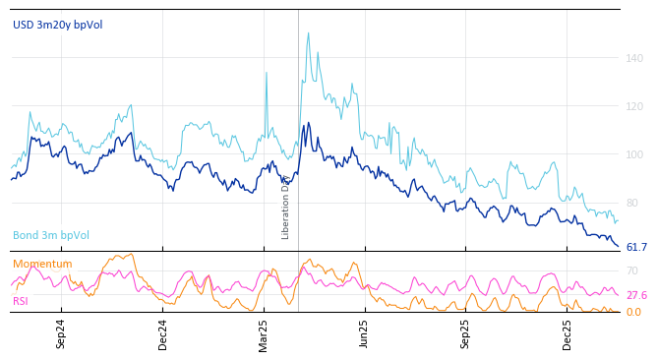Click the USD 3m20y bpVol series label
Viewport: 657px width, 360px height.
pyautogui.click(x=57, y=25)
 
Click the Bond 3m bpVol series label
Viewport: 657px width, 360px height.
pyautogui.click(x=51, y=235)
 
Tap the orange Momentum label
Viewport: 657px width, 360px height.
pyautogui.click(x=42, y=264)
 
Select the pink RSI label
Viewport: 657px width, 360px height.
pyautogui.click(x=21, y=301)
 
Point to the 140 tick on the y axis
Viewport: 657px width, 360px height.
pyautogui.click(x=634, y=58)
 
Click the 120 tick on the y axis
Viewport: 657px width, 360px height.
pyautogui.click(x=634, y=106)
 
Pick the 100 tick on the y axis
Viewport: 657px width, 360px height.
pyautogui.click(x=634, y=154)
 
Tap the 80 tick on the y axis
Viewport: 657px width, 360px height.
pyautogui.click(x=631, y=203)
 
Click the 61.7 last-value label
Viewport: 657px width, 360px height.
pyautogui.click(x=636, y=247)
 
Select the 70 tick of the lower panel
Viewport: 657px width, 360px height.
pyautogui.click(x=631, y=270)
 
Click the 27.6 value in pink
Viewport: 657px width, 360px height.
pyautogui.click(x=636, y=295)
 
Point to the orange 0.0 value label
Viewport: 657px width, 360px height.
pyautogui.click(x=633, y=312)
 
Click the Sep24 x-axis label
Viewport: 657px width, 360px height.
pyautogui.click(x=61, y=333)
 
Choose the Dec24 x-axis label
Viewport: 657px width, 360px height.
pyautogui.click(x=163, y=333)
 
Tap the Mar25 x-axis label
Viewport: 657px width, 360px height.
pyautogui.click(x=264, y=333)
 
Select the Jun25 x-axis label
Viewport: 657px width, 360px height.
pyautogui.click(x=365, y=333)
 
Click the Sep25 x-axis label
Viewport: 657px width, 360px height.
pyautogui.click(x=466, y=333)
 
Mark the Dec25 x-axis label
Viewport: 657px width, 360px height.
pyautogui.click(x=567, y=333)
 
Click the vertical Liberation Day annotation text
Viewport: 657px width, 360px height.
pyautogui.click(x=286, y=207)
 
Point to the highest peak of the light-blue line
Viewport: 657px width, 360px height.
pyautogui.click(x=308, y=33)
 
